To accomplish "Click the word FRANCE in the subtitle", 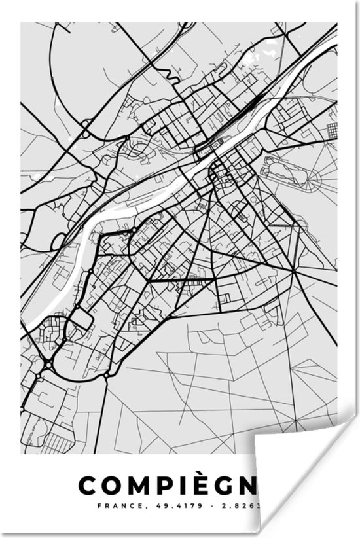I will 112,505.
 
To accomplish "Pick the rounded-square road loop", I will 79,320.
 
